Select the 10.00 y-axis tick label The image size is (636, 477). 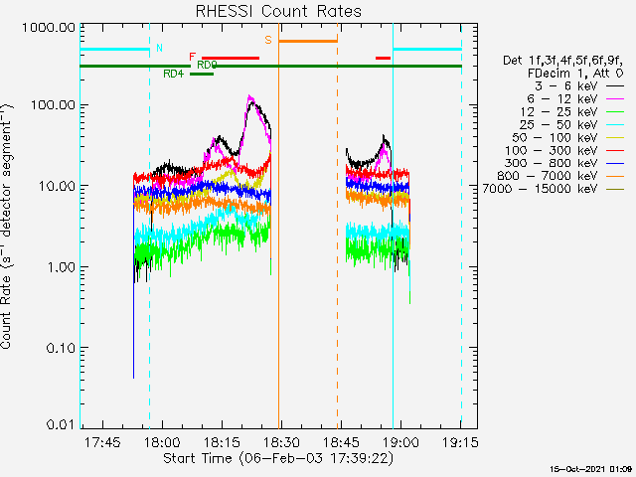tap(49, 186)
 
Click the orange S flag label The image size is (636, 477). tap(267, 39)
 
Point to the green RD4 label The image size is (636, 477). tap(173, 74)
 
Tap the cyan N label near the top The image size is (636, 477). tap(158, 48)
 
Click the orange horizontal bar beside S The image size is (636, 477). tap(308, 41)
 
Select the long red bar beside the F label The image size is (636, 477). tap(231, 58)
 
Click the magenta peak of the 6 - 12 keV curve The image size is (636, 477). tap(250, 98)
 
